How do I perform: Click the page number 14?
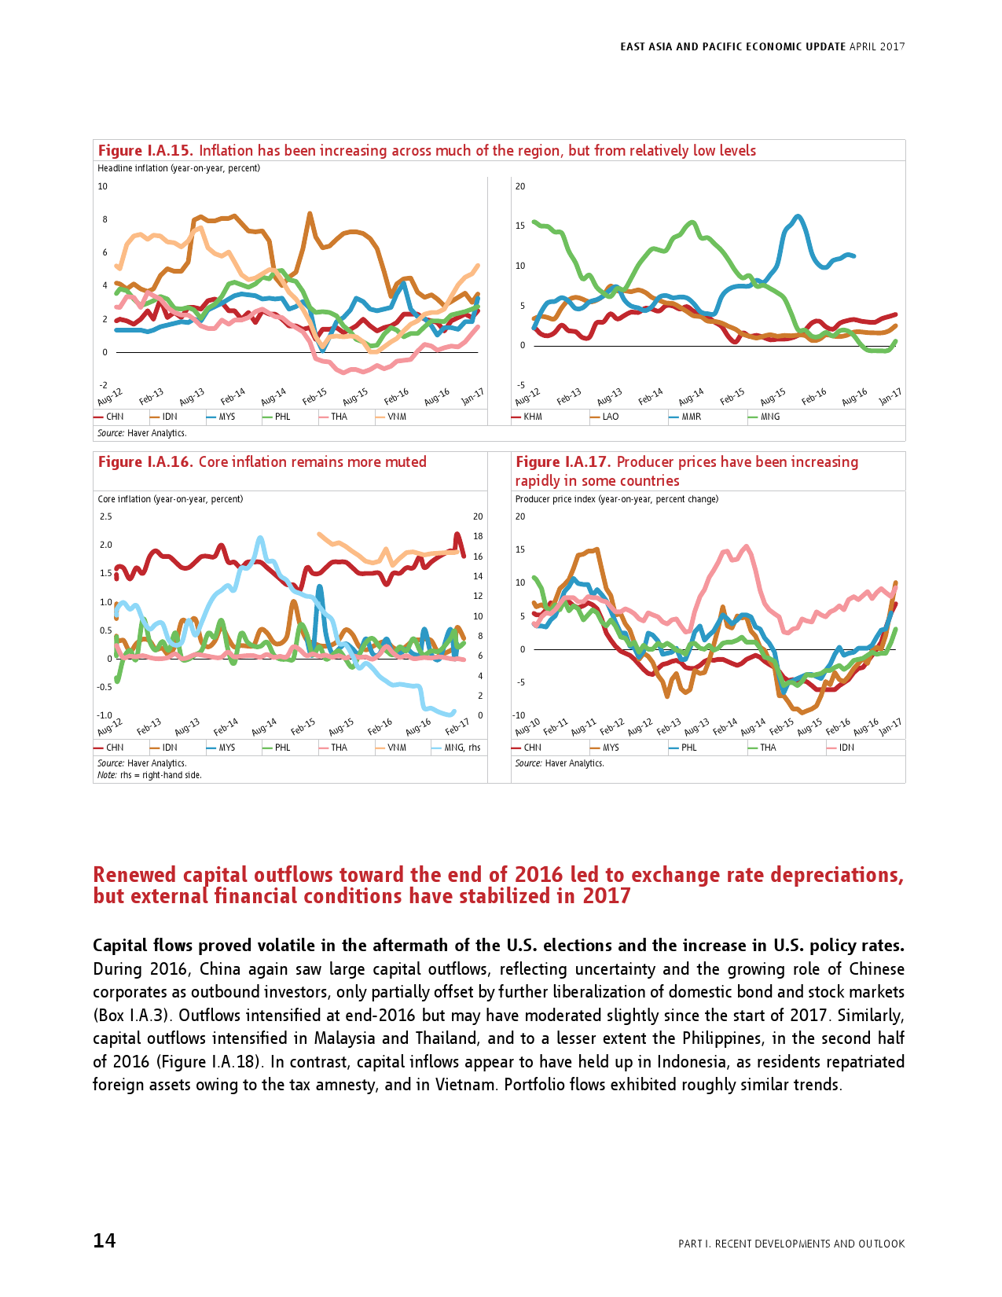tap(105, 1240)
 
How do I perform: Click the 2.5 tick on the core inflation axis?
tap(105, 516)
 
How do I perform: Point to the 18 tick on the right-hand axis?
tap(478, 536)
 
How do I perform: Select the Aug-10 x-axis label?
tap(527, 726)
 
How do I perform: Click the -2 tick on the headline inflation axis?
tap(103, 385)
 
